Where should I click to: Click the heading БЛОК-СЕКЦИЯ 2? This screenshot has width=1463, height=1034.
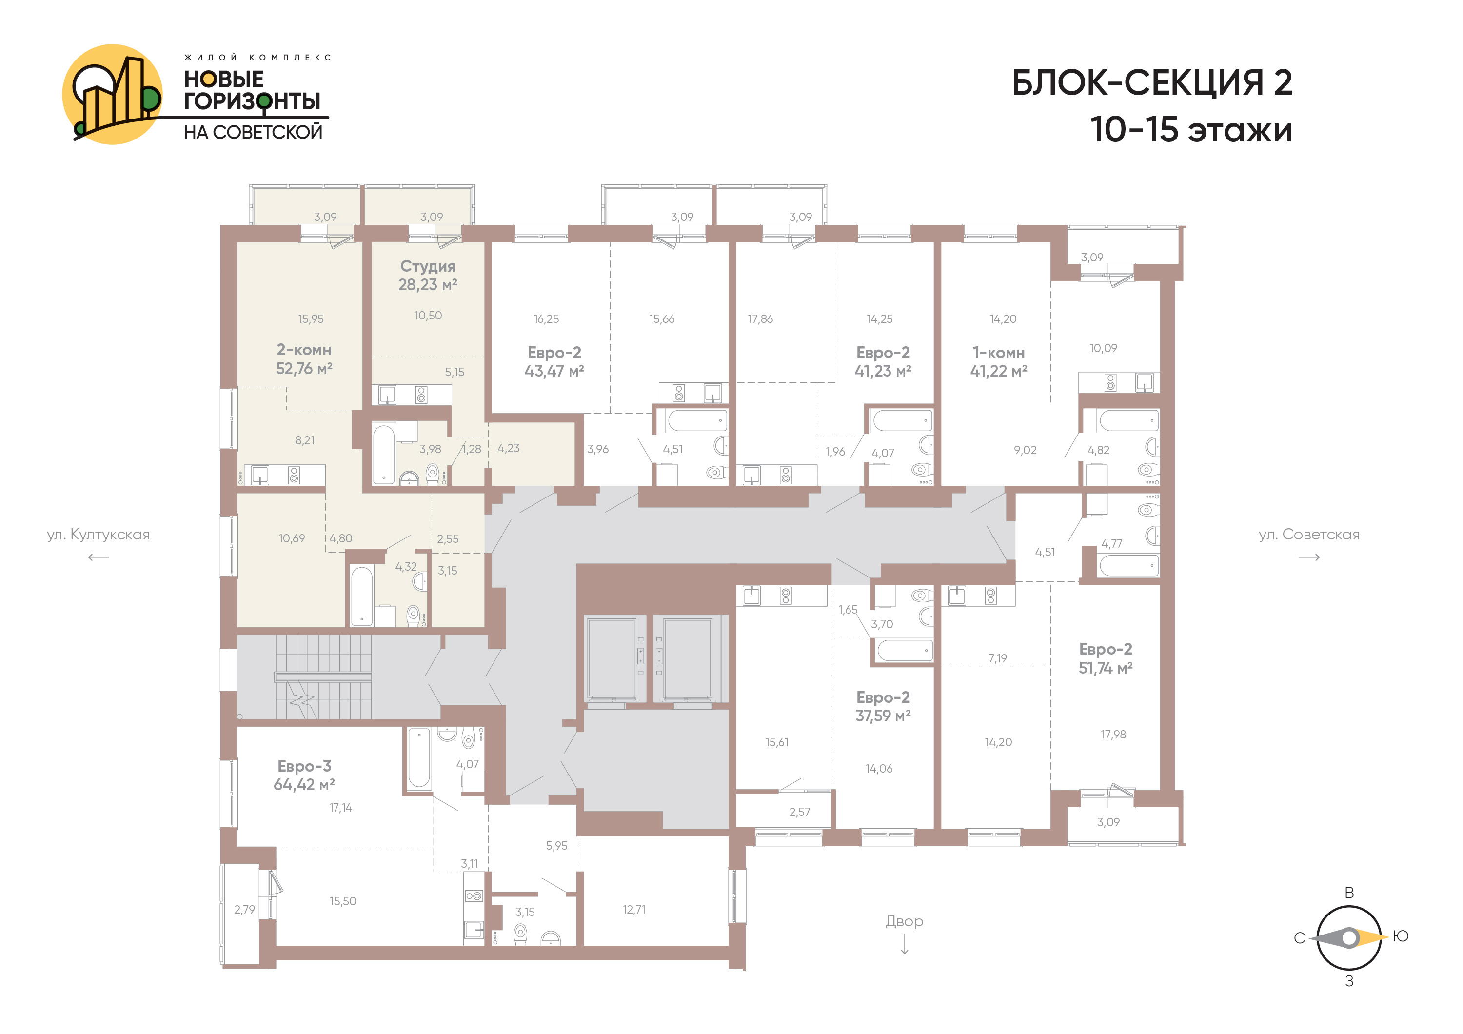coord(1151,83)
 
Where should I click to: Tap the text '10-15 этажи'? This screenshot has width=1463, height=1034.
coord(1190,130)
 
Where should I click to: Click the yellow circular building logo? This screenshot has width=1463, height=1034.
coord(113,94)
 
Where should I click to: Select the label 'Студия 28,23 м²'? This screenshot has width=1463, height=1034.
coord(428,275)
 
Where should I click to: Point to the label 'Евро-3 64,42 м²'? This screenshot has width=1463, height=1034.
coord(304,775)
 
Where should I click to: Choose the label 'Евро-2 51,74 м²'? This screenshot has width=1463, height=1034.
coord(1106,658)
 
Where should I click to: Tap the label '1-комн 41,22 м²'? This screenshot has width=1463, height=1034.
coord(998,362)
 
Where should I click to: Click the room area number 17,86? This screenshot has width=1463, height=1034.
coord(760,318)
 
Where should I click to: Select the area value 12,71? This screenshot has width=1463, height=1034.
coord(634,909)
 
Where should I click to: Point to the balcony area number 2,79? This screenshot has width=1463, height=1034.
coord(245,909)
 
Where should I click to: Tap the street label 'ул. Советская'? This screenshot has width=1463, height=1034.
coord(1309,535)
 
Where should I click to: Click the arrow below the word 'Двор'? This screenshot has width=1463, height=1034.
coord(905,945)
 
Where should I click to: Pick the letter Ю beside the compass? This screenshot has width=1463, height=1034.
coord(1401,936)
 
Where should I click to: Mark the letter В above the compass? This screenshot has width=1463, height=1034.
coord(1349,893)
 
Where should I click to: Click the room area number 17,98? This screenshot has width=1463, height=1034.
coord(1113,735)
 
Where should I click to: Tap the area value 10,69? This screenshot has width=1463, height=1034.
coord(291,538)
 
